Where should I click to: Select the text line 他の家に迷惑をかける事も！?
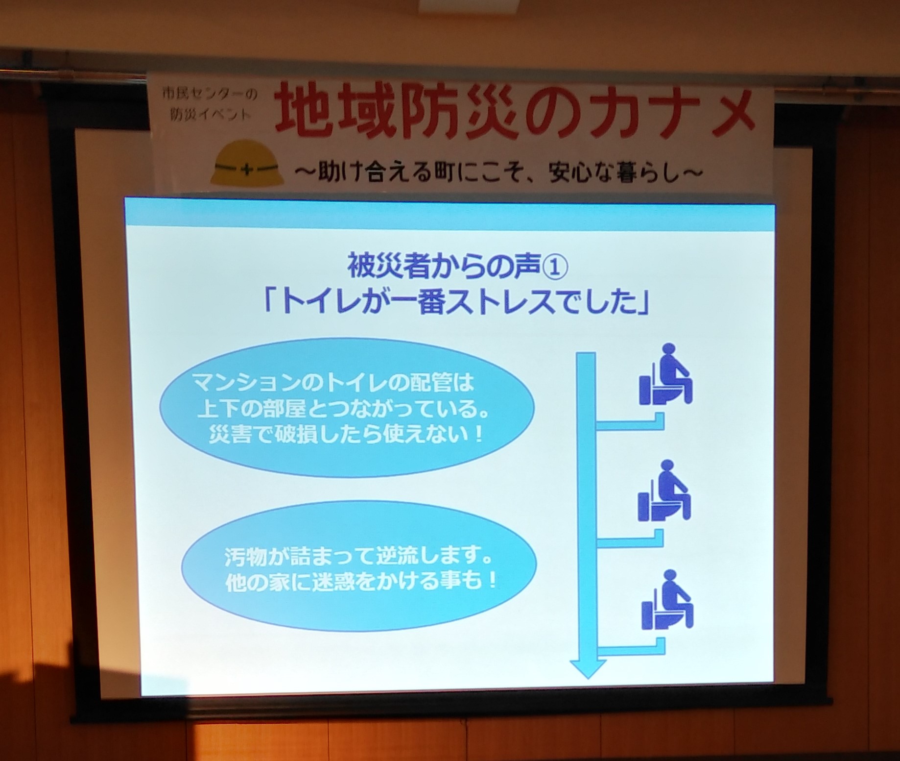361,582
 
